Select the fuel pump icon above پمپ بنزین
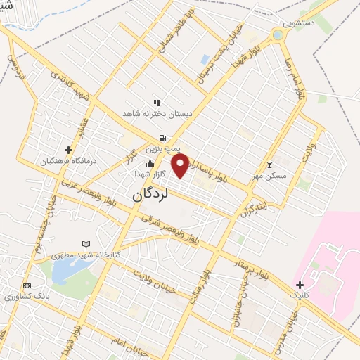pos(163,138)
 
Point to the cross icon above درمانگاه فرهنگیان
pos(68,149)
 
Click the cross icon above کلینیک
pos(300,285)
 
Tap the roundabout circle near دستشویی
pos(278,34)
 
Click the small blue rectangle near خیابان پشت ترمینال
pos(205,60)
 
